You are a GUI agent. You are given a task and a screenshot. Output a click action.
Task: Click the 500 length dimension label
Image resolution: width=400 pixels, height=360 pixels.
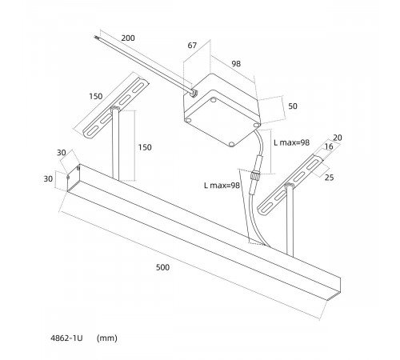tap(162, 267)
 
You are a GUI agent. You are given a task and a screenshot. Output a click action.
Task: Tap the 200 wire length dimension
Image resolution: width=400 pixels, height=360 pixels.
tap(128, 38)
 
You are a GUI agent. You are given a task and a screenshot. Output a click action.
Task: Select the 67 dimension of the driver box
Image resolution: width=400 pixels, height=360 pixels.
tap(192, 46)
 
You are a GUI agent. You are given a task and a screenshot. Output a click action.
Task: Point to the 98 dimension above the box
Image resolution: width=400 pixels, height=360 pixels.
tap(236, 64)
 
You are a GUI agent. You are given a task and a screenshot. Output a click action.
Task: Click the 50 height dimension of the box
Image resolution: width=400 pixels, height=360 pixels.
tap(293, 106)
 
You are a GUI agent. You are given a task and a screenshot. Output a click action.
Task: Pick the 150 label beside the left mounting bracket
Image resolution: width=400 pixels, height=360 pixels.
tap(96, 96)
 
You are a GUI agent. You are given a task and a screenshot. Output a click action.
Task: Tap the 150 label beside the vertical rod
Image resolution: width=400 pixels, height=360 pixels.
tap(145, 147)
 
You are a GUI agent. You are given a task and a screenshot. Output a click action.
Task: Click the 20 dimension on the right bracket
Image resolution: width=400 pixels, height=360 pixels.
tap(338, 138)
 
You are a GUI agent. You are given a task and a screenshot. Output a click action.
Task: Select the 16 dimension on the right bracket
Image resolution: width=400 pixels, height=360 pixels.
tap(329, 146)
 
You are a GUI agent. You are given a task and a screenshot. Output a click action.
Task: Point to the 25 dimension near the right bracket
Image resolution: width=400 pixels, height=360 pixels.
tap(330, 178)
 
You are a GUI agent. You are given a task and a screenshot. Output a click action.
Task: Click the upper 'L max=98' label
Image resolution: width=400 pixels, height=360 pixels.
tap(292, 142)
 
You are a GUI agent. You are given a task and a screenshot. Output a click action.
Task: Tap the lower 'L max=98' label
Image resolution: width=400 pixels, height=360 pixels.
tap(222, 186)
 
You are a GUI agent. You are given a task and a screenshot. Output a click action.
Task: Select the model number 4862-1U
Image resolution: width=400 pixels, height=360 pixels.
tap(66, 338)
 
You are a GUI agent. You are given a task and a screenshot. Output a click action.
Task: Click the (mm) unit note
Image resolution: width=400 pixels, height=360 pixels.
tap(107, 338)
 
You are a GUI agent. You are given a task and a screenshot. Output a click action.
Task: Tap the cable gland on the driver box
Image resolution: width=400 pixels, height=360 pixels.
tap(193, 92)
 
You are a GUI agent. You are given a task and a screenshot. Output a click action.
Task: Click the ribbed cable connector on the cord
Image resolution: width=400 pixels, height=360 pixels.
tap(255, 176)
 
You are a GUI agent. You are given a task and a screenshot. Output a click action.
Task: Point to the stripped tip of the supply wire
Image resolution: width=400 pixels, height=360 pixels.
tap(96, 38)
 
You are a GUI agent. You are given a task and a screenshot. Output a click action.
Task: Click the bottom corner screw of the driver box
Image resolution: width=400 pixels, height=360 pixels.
tap(231, 144)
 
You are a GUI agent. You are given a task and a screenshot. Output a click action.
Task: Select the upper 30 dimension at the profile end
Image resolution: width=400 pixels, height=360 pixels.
tap(62, 153)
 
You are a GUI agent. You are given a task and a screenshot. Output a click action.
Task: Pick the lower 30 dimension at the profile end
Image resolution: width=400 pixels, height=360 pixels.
tap(48, 179)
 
